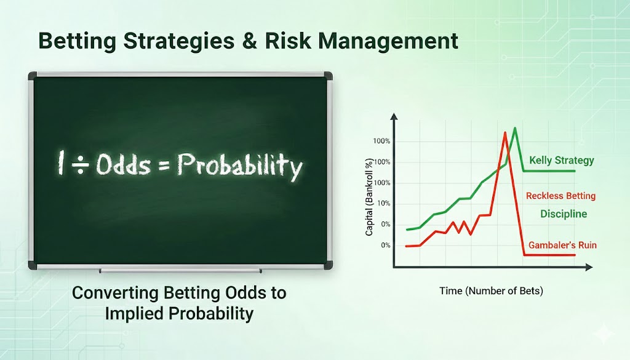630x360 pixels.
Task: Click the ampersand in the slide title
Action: click(x=250, y=41)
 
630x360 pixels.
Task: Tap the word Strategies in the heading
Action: click(x=179, y=42)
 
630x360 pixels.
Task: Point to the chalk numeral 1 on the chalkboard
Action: click(x=61, y=162)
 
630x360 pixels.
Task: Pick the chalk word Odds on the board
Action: click(x=123, y=164)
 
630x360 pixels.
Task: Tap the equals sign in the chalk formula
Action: click(x=164, y=165)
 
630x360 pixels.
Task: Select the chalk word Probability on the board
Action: click(x=240, y=166)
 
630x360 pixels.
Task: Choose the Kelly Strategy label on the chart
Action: click(x=561, y=161)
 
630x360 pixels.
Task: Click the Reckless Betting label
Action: click(x=560, y=196)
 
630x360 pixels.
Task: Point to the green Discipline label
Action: click(x=564, y=214)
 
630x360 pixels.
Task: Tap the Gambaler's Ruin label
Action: click(x=562, y=245)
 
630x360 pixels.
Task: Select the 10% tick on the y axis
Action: click(x=383, y=203)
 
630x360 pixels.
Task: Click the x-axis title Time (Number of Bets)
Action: click(x=491, y=290)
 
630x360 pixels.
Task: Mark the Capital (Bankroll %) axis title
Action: click(x=369, y=196)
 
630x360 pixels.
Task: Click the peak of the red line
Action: click(x=504, y=132)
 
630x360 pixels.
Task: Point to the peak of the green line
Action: click(x=515, y=128)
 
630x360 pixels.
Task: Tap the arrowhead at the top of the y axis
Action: click(x=394, y=116)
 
